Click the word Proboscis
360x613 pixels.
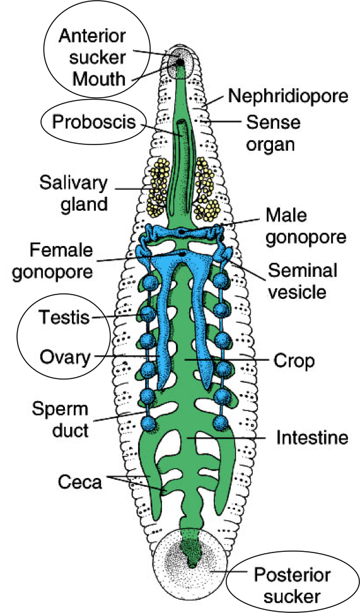tap(93, 121)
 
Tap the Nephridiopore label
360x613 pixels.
tap(287, 96)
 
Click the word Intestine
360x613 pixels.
tap(312, 437)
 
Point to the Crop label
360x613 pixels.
tap(293, 361)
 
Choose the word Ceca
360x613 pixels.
tap(79, 482)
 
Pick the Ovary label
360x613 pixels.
tap(65, 358)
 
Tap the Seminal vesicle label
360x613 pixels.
tap(302, 281)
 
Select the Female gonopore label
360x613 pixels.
tap(61, 261)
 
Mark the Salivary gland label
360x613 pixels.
tap(74, 194)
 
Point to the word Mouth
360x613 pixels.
tap(99, 79)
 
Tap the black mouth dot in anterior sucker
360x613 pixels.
tap(180, 62)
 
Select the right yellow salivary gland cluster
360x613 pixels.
tap(206, 188)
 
